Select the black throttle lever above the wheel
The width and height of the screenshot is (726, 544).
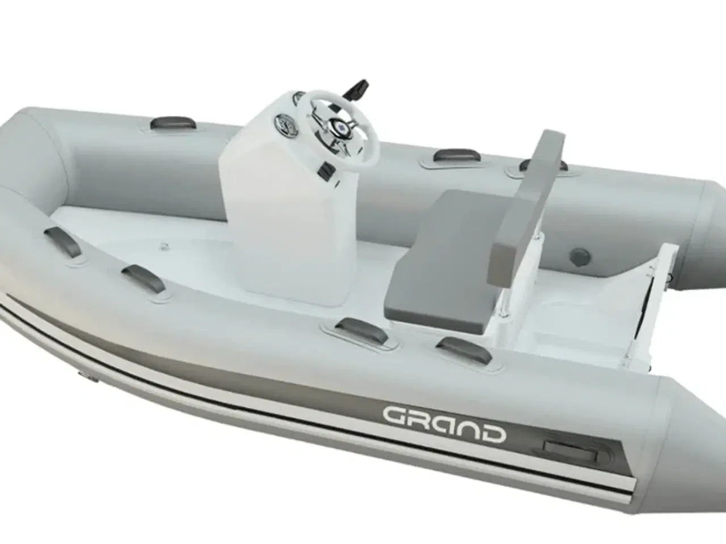coord(359,89)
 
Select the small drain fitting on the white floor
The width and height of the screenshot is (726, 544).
coord(165,246)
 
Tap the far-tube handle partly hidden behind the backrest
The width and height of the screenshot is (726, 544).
coord(543,165)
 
